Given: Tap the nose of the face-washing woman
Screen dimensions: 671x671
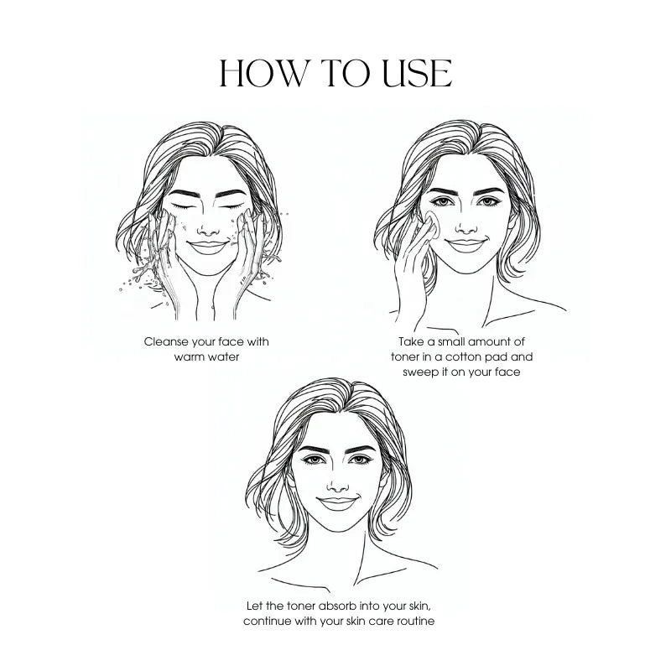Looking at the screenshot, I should click(207, 224).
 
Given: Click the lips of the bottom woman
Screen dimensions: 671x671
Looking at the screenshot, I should click(338, 502).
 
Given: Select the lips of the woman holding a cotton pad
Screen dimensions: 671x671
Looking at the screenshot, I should click(466, 244).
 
